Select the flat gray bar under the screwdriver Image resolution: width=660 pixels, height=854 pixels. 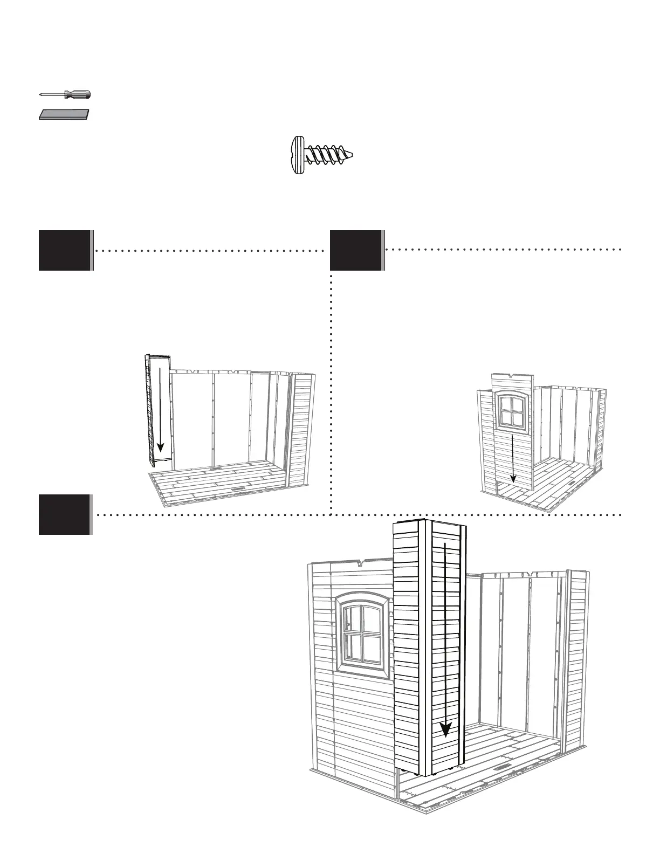(x=64, y=115)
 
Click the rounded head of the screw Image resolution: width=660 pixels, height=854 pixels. (x=296, y=155)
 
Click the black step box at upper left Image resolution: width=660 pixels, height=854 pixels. (x=65, y=250)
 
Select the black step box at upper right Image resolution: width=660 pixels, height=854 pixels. (x=356, y=250)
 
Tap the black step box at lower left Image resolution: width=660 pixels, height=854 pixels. (x=65, y=514)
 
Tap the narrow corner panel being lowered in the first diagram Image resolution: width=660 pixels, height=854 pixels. (x=158, y=410)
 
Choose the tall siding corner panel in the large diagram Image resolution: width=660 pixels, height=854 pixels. (x=429, y=647)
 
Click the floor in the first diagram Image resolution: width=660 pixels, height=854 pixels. (x=221, y=480)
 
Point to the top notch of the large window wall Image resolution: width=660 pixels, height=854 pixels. (x=361, y=563)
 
